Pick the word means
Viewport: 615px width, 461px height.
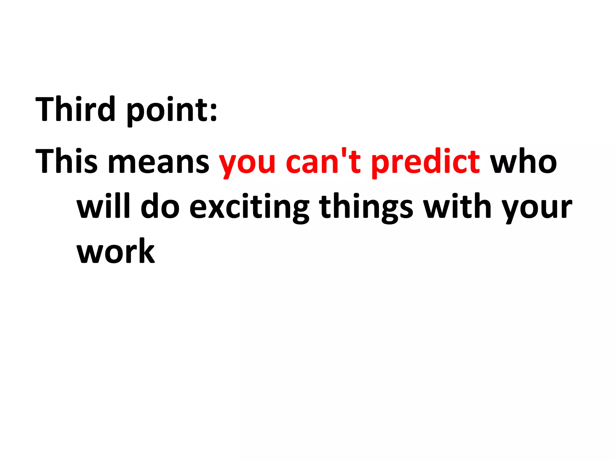(158, 164)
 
